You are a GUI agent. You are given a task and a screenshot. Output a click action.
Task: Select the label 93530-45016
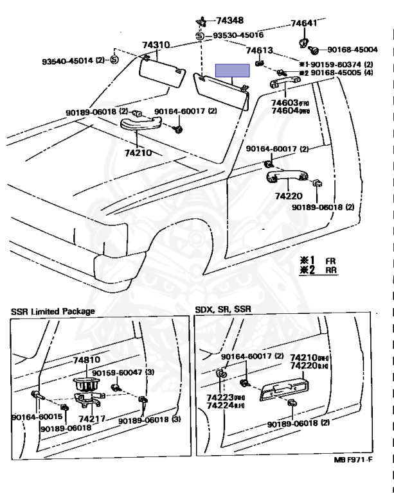click(x=238, y=35)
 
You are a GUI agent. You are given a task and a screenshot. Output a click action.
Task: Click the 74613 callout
click(x=260, y=51)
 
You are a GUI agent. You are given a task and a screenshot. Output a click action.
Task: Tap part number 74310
click(x=156, y=45)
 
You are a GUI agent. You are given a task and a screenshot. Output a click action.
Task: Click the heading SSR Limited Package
click(x=53, y=311)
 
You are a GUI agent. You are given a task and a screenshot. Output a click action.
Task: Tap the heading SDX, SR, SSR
click(x=223, y=309)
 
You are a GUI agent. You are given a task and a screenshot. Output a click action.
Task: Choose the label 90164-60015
click(x=31, y=417)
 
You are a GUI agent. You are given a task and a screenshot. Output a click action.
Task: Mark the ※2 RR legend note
click(x=318, y=270)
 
